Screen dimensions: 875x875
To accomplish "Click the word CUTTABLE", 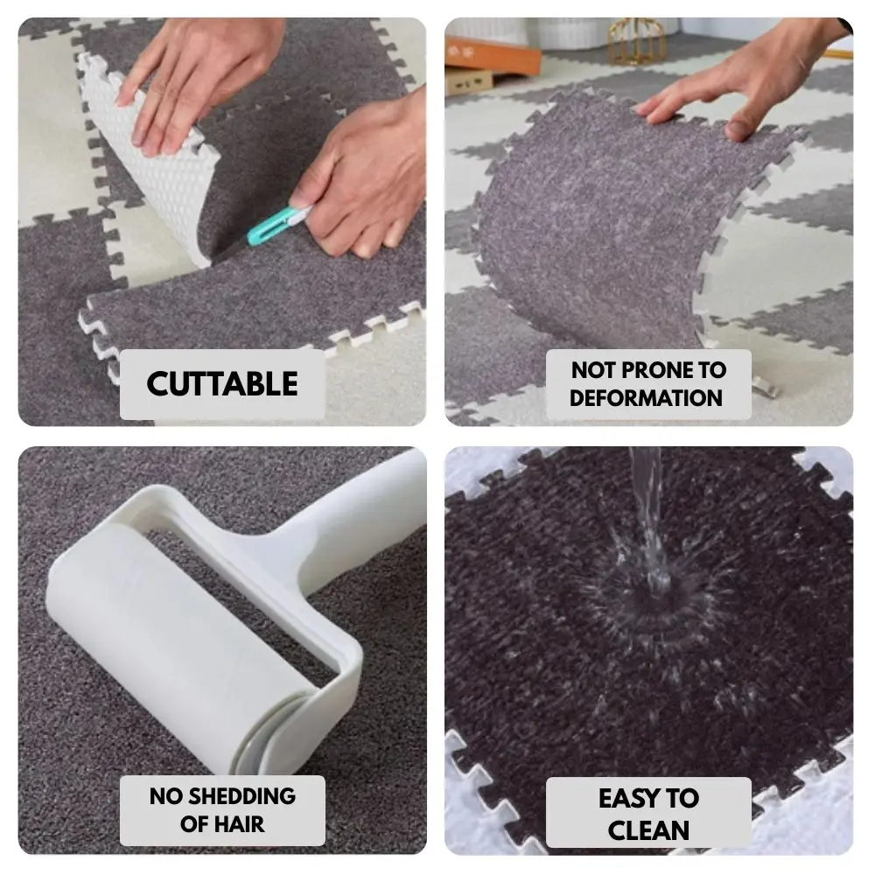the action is point(222,384).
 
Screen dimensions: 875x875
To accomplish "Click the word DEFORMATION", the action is point(647,398).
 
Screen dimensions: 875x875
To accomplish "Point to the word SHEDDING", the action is point(241,795).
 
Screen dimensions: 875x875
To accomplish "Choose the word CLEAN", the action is point(648,829).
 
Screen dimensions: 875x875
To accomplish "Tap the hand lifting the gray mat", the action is point(742,84).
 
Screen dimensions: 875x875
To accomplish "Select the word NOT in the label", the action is point(592,369).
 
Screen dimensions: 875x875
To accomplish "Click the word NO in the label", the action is point(165,795).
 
